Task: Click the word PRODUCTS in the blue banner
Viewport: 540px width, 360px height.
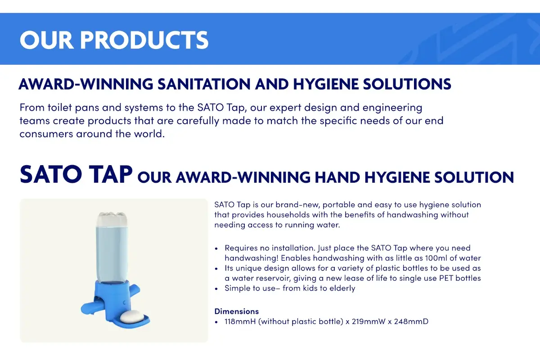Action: (x=144, y=40)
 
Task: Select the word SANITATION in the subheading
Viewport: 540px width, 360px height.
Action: (x=204, y=84)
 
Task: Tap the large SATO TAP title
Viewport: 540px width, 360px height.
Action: (x=76, y=174)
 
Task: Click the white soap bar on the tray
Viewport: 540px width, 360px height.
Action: (x=132, y=317)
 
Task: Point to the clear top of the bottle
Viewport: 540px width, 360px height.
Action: (x=112, y=219)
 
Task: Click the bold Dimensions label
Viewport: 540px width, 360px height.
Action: (x=237, y=311)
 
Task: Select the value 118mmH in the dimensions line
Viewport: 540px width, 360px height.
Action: (x=240, y=321)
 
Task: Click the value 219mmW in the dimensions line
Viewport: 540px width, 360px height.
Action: (x=369, y=321)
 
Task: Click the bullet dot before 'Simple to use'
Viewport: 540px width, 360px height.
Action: (x=216, y=288)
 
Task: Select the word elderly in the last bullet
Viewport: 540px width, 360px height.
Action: (x=342, y=288)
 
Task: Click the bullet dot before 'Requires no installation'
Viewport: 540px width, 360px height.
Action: (x=216, y=248)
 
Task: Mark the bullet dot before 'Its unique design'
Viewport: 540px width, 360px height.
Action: (x=216, y=268)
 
